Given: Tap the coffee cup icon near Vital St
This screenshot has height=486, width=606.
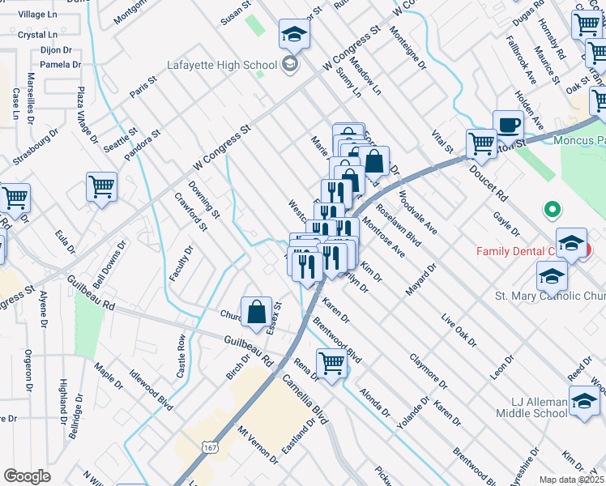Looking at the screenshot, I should pos(508,126).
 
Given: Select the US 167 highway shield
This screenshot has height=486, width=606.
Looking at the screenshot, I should pos(210,448).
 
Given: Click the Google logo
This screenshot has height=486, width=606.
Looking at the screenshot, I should pos(27,476).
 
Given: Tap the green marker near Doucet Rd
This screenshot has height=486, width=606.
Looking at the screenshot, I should pos(553,211).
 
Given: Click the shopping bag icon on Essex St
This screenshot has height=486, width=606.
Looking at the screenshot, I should pos(256,311).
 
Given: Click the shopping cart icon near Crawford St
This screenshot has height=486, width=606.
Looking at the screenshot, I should pos(102,186).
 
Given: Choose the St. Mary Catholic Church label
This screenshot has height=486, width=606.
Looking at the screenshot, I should pos(549,296).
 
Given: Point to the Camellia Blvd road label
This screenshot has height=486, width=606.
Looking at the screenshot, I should pos(303,400).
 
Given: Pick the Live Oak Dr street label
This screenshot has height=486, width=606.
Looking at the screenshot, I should pos(458,332).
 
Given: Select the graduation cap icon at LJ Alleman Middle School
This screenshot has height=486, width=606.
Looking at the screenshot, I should pos(583,399).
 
